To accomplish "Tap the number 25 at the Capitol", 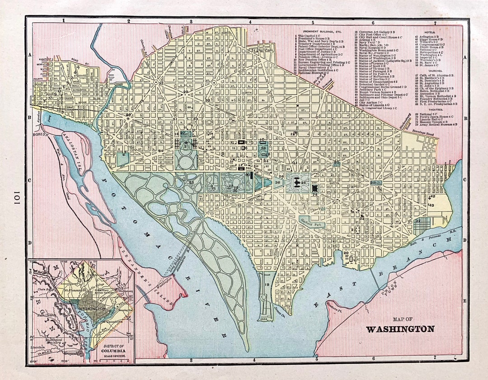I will (304, 183).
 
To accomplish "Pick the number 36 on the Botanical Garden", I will (277, 183).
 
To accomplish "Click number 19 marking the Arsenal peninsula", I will (267, 285).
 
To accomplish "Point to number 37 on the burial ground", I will (418, 220).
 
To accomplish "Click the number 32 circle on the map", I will (160, 83).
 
